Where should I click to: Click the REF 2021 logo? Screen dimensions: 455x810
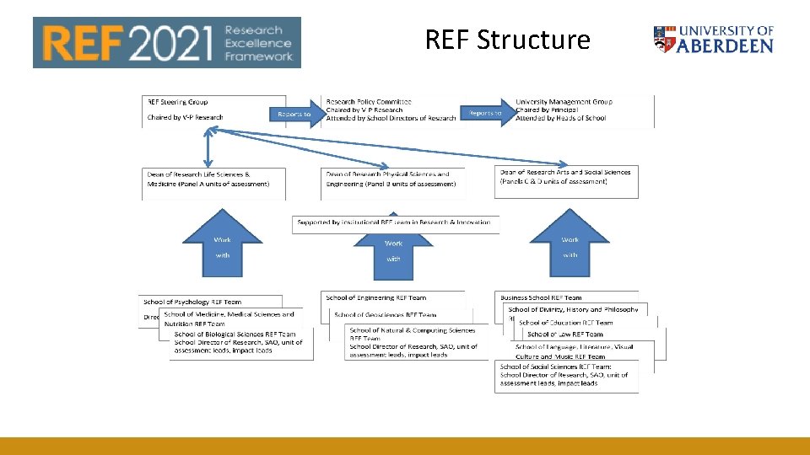point(166,42)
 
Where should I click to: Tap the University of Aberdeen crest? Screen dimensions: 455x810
point(664,40)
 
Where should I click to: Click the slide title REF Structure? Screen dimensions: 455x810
point(507,40)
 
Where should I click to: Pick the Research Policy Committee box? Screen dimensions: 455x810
point(391,110)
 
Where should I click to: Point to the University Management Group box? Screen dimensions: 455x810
point(582,110)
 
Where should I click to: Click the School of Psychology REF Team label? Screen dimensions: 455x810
point(192,302)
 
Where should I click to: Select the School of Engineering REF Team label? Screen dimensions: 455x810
point(376,297)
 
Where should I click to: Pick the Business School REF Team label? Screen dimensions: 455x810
point(541,297)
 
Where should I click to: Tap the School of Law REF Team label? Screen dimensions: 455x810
point(570,335)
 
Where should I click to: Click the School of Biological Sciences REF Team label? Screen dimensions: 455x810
point(235,335)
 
